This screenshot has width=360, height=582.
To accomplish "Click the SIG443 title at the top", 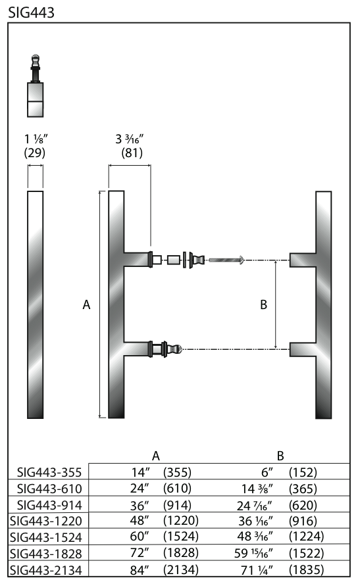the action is point(31,12).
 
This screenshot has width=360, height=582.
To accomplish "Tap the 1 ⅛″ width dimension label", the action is point(36,139).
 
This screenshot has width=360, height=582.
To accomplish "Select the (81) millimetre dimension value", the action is point(132,153).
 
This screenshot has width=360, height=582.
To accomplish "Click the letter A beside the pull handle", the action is point(87,304).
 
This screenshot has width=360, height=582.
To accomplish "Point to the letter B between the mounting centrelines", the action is point(264,304).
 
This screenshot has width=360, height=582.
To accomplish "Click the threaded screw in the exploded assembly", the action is point(226,260).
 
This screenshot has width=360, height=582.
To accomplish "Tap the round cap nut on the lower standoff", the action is point(175,349).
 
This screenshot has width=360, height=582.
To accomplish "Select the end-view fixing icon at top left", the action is point(36,85).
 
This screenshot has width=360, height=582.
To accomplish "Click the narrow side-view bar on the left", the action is point(36,304).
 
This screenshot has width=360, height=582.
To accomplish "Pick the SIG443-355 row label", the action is point(49,472).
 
